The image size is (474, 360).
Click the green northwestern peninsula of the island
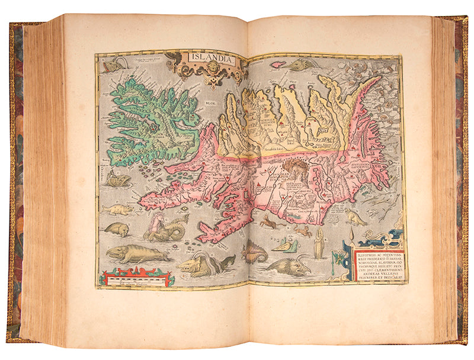(x=148, y=118)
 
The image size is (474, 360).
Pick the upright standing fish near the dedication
(x=319, y=243)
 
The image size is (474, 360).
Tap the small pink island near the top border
(x=278, y=63)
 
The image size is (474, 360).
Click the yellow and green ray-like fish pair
(x=282, y=243)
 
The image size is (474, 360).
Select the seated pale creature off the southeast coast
(x=355, y=218)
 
